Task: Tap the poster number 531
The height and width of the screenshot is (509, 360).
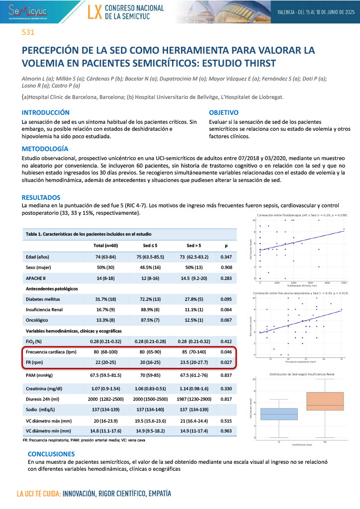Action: [27, 33]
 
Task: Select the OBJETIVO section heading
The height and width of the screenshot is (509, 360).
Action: [224, 113]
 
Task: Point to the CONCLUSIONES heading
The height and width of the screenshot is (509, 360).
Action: [51, 454]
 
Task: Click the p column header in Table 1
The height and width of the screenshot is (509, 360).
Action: [226, 246]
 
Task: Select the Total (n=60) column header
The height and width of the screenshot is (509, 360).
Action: [105, 246]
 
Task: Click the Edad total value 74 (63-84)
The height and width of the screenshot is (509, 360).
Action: [105, 256]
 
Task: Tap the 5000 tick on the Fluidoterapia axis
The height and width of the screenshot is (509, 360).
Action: [344, 282]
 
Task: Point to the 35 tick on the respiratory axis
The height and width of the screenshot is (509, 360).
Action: [342, 359]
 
